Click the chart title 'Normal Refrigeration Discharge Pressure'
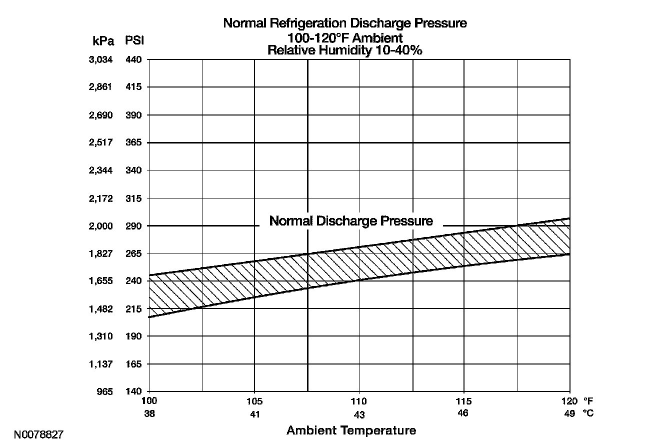tap(345, 23)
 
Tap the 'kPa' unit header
tap(103, 40)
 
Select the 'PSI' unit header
tap(134, 40)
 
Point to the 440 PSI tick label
tap(133, 60)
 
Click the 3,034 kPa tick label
tap(100, 60)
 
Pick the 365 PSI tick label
tap(133, 142)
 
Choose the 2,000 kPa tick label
tap(100, 226)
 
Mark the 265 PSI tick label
tap(133, 253)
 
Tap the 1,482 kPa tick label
tap(100, 309)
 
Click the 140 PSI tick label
tap(133, 391)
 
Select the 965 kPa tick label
tap(105, 391)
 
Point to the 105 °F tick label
tap(254, 401)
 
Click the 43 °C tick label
tap(359, 415)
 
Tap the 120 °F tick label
tap(569, 401)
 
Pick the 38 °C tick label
tap(149, 413)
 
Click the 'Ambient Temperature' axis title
tap(351, 430)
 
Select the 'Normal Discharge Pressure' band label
tap(351, 221)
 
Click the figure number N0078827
tap(38, 434)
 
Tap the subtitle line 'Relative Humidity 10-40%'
tap(345, 50)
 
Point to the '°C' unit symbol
tap(588, 413)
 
